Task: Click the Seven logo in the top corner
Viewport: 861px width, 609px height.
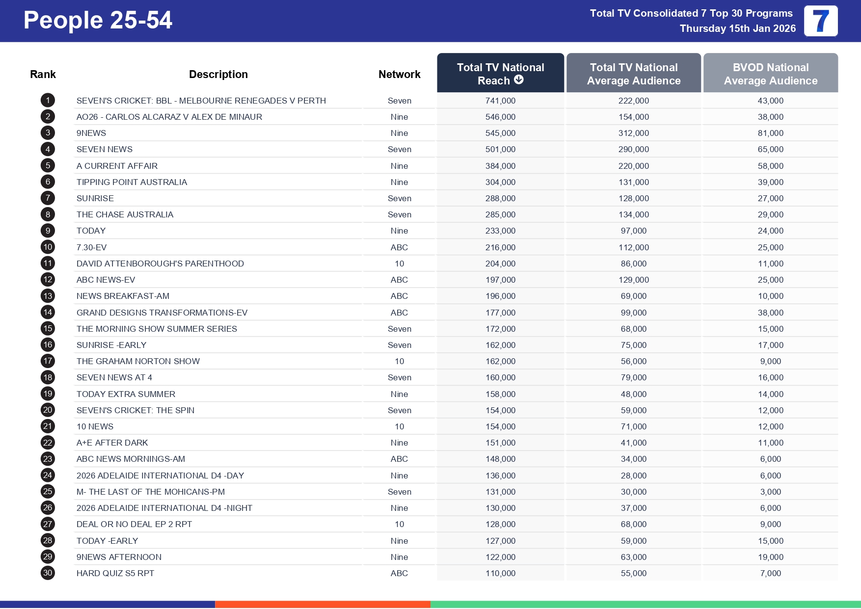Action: click(x=821, y=21)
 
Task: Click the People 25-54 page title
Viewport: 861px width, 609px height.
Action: click(x=98, y=21)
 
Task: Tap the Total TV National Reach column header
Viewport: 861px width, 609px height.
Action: click(x=500, y=73)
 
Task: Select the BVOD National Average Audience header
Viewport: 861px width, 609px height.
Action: click(x=770, y=74)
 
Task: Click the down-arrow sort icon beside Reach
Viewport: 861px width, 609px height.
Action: click(x=519, y=80)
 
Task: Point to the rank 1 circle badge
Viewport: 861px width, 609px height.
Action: click(x=48, y=101)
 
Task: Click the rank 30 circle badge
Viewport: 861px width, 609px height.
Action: click(x=48, y=573)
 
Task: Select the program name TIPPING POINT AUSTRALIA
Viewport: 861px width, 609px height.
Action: click(x=132, y=182)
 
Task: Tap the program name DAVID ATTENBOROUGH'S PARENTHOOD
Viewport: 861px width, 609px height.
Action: click(x=160, y=264)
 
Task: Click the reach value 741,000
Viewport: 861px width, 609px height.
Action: click(x=500, y=101)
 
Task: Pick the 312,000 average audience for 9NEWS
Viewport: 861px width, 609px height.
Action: click(x=633, y=133)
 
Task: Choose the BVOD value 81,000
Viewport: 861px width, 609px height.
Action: click(x=770, y=133)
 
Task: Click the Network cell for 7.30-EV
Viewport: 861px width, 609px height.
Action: click(x=399, y=247)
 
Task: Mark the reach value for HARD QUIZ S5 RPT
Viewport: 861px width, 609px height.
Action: click(x=500, y=573)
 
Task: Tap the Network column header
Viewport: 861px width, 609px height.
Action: click(x=399, y=74)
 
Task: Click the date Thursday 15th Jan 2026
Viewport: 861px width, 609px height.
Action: click(x=737, y=28)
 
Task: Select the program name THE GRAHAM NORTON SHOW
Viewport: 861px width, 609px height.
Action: click(x=138, y=361)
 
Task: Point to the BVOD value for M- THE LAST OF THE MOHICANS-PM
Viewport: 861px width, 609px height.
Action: click(x=770, y=492)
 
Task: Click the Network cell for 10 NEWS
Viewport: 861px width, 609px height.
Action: click(x=399, y=426)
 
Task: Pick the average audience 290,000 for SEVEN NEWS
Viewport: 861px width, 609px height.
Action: click(x=633, y=149)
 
